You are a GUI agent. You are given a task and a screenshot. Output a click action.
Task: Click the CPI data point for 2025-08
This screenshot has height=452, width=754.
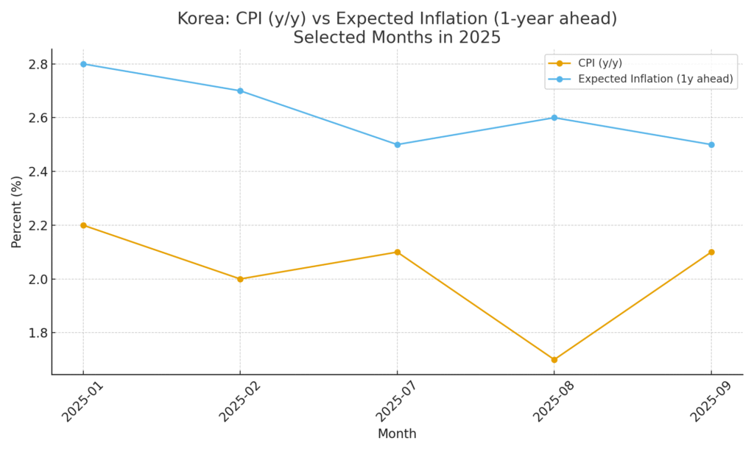(554, 360)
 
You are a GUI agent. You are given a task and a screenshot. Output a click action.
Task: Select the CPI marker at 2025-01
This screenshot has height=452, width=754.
(83, 225)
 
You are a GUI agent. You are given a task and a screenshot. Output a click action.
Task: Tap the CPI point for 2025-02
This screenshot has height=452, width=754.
(240, 279)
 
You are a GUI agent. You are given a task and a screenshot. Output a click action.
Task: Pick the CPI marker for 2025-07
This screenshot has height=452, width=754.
(398, 252)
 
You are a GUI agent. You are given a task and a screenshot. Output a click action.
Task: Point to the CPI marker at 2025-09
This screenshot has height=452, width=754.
(711, 252)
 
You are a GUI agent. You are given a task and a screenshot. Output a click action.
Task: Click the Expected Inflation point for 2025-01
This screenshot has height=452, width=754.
(83, 64)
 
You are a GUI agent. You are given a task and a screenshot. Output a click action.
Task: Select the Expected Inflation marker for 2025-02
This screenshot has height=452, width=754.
(240, 91)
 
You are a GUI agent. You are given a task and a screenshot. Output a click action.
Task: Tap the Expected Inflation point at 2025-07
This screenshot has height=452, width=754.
(398, 144)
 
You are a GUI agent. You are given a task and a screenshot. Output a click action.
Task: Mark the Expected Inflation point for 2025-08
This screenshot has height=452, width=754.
(554, 118)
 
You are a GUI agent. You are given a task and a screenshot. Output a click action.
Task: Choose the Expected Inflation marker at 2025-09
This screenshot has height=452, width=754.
(711, 144)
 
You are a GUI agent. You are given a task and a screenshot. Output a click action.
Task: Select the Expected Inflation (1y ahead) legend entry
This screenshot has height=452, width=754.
(655, 80)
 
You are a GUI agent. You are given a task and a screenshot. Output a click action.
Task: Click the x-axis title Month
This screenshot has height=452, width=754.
(397, 434)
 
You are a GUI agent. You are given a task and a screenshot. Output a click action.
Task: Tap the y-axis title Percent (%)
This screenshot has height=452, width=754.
(17, 211)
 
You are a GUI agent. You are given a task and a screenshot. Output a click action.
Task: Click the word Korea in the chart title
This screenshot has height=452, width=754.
(200, 19)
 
